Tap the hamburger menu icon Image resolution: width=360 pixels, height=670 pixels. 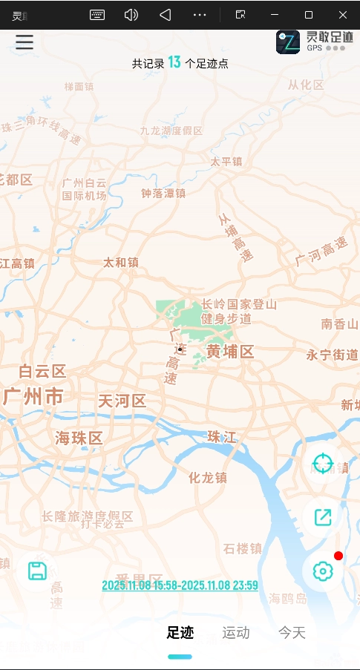click(x=24, y=42)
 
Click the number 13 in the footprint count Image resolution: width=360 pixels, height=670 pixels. click(x=174, y=62)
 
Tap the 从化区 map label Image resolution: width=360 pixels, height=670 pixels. click(x=306, y=85)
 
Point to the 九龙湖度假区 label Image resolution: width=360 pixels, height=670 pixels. click(x=171, y=131)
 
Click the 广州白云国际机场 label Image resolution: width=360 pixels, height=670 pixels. click(x=84, y=189)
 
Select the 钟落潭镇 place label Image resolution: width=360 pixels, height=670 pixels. click(x=163, y=193)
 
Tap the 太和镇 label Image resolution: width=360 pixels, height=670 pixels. click(x=121, y=262)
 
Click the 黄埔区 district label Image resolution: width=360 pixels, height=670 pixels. click(x=230, y=352)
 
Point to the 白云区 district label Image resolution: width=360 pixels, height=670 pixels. click(x=42, y=371)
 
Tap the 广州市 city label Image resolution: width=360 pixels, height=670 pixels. click(x=33, y=396)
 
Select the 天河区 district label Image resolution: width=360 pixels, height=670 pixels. click(x=122, y=401)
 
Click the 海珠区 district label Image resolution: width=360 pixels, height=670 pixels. click(x=79, y=438)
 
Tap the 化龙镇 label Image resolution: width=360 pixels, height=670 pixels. click(x=208, y=477)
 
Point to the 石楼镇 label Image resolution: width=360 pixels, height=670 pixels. click(x=243, y=548)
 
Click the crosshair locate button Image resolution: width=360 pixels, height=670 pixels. click(x=323, y=464)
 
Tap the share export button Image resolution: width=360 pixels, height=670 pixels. click(x=323, y=517)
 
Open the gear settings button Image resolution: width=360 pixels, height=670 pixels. click(x=323, y=571)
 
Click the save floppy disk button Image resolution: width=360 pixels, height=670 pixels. click(x=37, y=571)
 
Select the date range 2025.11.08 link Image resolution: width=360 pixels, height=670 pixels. click(x=180, y=585)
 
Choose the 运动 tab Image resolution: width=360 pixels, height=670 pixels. click(x=236, y=633)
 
